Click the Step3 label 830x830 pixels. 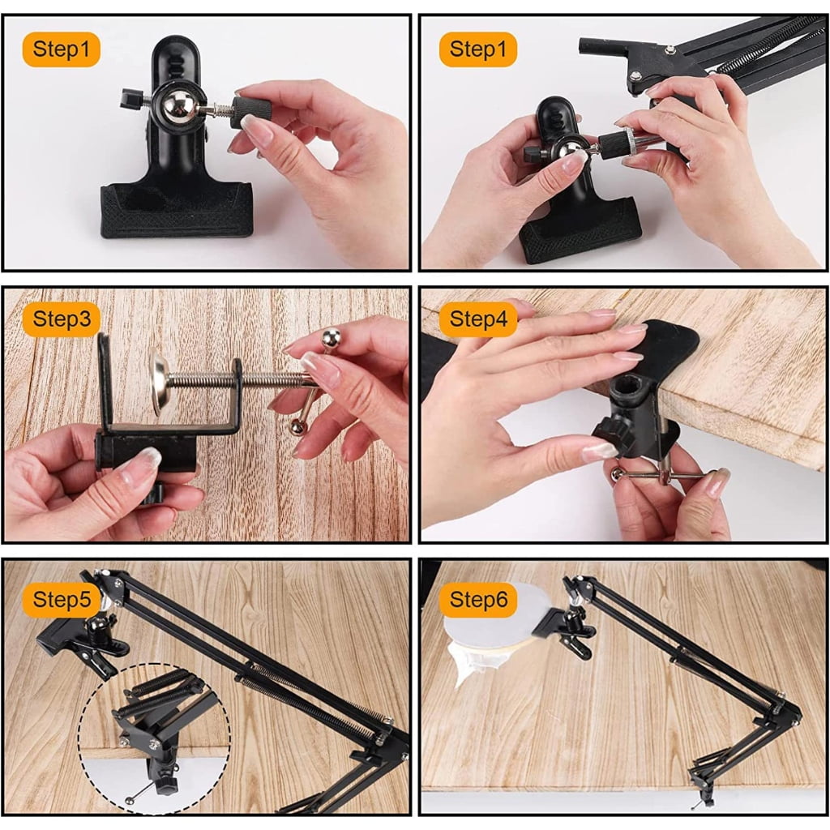coord(62,319)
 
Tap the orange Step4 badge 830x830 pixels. coord(478,319)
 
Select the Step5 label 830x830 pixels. coord(62,600)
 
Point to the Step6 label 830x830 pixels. coord(478,600)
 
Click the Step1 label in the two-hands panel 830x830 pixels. coord(478,49)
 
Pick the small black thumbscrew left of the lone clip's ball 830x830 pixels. coord(130,99)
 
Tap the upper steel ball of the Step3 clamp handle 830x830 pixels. coord(332,336)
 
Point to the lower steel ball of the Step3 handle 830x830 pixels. coord(297,426)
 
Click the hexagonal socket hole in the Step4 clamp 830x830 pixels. coord(622,390)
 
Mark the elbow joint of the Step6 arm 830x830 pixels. coord(788,711)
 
